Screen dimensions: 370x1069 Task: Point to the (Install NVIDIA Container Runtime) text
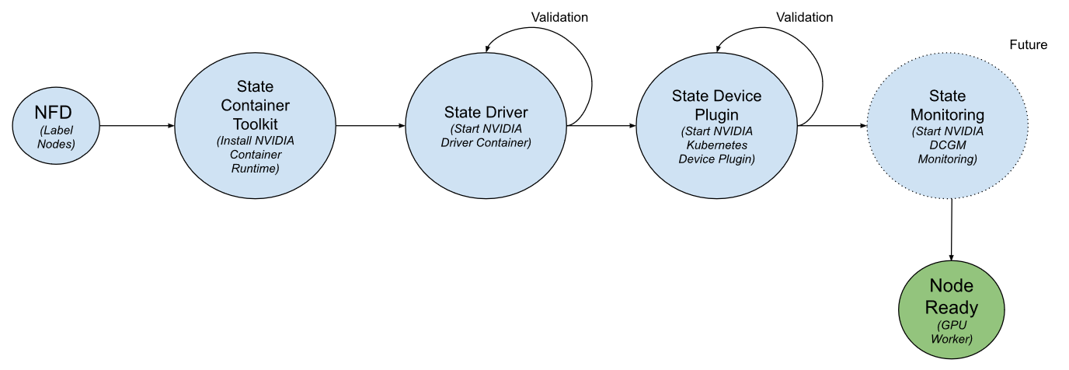[x=256, y=153]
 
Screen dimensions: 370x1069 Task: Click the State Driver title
[x=486, y=112]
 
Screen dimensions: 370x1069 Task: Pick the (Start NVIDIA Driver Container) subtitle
[x=486, y=135]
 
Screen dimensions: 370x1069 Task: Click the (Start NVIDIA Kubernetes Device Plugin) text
[x=716, y=144]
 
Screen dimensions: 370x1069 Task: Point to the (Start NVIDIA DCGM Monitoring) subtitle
[x=947, y=145]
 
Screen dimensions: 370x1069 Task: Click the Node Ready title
[x=952, y=296]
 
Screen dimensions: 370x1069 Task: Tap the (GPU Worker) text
[x=952, y=332]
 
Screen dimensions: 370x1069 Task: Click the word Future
[x=1028, y=45]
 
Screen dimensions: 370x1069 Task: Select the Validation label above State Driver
[x=559, y=16]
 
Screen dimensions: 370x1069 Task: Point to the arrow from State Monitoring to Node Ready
[x=952, y=229]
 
